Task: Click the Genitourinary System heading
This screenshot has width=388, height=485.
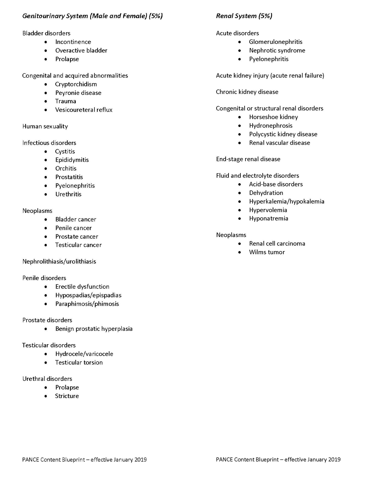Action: point(92,16)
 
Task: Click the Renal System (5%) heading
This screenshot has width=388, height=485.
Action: point(244,16)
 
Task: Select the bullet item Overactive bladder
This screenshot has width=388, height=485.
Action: point(81,51)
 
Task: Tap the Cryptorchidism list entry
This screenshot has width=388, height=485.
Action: point(76,84)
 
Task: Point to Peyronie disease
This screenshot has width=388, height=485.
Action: point(78,93)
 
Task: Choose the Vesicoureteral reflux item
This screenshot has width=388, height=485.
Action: point(84,110)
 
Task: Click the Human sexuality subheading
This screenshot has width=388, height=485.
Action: point(45,126)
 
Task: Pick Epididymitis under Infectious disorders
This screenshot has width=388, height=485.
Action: point(72,160)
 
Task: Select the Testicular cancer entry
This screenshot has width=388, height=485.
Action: point(78,245)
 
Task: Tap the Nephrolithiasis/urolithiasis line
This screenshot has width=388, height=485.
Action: point(59,262)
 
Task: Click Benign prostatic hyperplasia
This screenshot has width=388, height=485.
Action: point(94,329)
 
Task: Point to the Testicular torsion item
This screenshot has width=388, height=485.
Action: point(79,362)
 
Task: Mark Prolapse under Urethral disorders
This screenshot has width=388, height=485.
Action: point(67,387)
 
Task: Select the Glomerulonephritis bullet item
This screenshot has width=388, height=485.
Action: point(276,42)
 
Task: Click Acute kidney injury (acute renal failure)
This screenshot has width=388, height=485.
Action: point(270,76)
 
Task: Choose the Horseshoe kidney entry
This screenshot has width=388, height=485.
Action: point(273,117)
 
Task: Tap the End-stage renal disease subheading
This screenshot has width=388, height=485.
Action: point(248,159)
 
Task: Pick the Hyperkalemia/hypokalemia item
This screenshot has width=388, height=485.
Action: point(287,202)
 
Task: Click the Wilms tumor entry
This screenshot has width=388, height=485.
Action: point(267,252)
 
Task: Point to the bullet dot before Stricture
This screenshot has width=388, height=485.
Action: point(46,396)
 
